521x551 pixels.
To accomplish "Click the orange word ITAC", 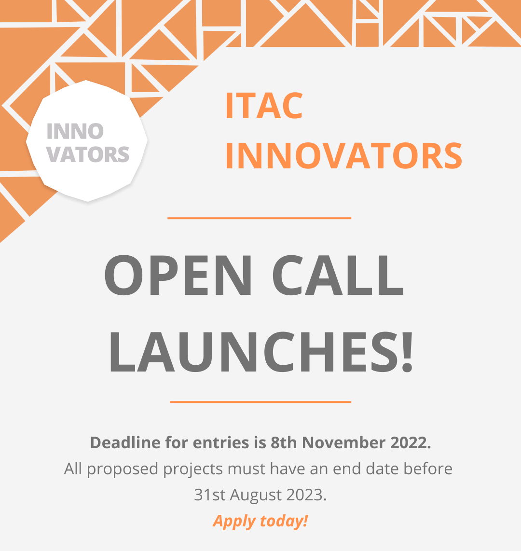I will [264, 106].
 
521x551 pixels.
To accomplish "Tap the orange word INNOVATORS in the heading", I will [343, 156].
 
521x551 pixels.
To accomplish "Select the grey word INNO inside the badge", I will [75, 131].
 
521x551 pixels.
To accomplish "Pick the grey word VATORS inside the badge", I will [88, 154].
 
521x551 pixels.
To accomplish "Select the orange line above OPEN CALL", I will [259, 218].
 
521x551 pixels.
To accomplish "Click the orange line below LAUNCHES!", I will [260, 401].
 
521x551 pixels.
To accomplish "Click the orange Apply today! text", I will [260, 521].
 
